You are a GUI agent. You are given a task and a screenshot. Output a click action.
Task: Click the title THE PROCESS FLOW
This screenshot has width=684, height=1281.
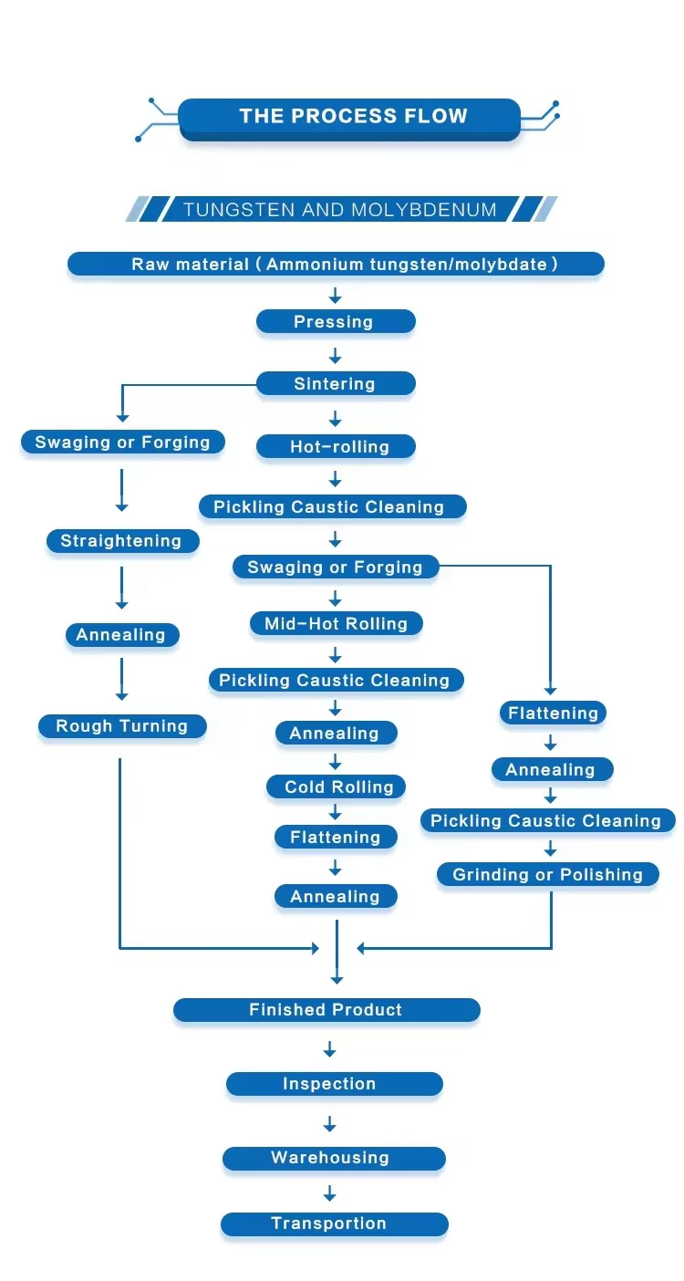point(352,117)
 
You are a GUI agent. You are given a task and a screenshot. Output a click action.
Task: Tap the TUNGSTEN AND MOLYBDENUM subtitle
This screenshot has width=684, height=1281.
point(339,210)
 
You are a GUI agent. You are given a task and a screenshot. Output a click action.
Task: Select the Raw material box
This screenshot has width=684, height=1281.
point(336,265)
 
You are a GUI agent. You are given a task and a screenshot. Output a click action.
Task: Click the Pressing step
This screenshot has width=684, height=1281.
point(335,322)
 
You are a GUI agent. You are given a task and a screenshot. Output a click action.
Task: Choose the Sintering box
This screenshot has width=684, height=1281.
point(335,384)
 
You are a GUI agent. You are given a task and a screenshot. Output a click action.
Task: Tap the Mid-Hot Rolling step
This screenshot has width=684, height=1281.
point(336,624)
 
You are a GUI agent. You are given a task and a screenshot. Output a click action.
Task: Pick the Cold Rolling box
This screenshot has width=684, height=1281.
point(336,787)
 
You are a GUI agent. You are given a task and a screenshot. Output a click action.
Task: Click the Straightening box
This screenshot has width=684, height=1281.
point(121,541)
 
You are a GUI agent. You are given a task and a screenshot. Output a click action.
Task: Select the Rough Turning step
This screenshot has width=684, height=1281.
point(122,726)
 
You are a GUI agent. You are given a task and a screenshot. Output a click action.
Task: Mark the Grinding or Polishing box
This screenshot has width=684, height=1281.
point(547,875)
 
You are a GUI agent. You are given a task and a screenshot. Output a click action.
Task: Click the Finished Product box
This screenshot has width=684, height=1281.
point(326,1010)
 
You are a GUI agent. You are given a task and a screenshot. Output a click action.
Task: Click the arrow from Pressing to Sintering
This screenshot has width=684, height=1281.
point(335,355)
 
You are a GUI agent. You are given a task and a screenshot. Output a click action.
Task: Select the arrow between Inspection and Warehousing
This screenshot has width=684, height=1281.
point(330,1123)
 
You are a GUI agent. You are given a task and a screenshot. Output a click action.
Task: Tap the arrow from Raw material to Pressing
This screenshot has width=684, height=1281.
point(335,295)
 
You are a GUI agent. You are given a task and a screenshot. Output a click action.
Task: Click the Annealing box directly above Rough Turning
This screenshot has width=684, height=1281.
point(121,635)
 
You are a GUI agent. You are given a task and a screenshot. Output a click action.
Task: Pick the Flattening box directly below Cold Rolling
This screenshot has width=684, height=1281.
point(336,838)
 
